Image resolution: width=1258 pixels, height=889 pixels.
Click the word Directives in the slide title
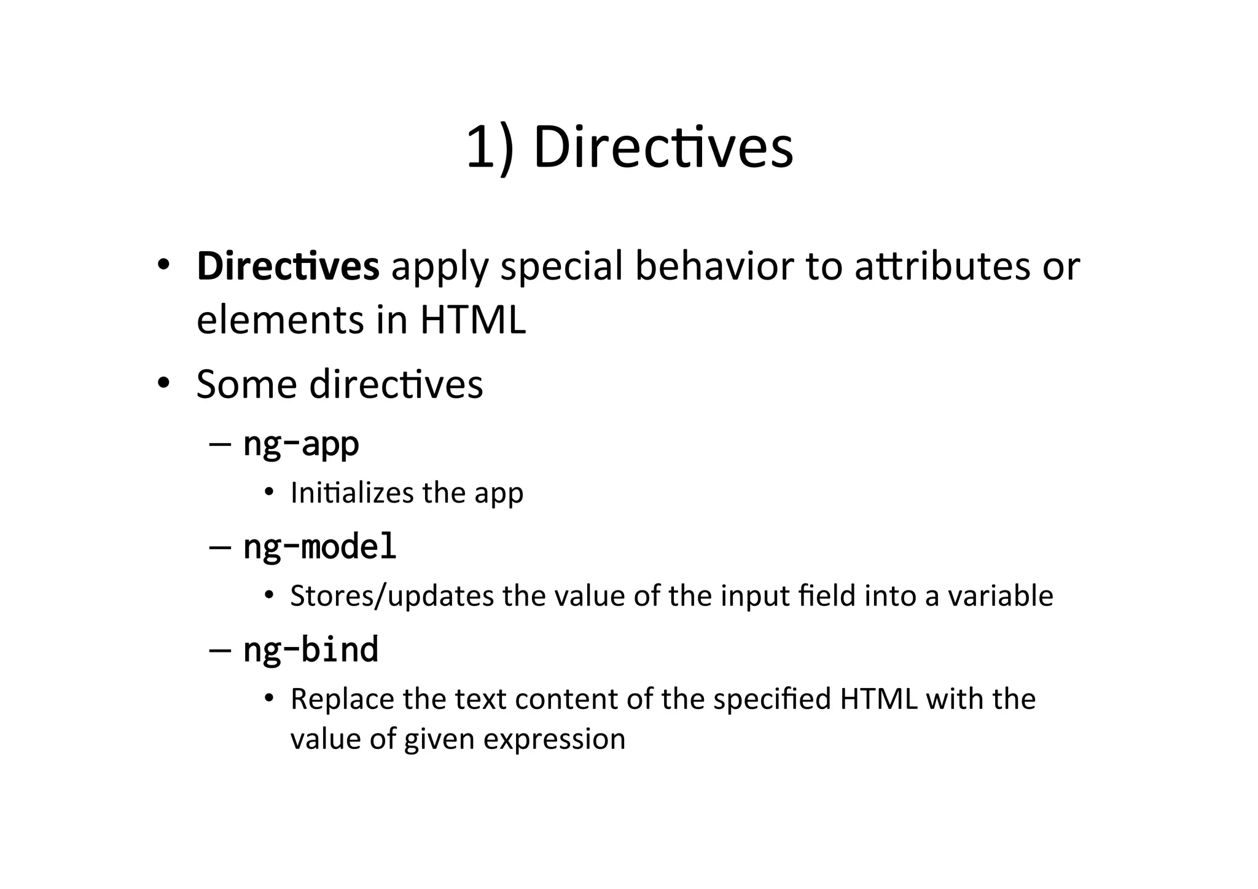click(x=663, y=147)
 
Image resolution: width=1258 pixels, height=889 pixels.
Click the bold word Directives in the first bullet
click(x=287, y=267)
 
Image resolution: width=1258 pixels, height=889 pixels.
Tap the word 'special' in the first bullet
click(x=561, y=267)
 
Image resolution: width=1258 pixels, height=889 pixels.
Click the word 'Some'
click(x=246, y=385)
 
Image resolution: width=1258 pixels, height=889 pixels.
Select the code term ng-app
click(x=301, y=444)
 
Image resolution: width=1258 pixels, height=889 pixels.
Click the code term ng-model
click(x=319, y=546)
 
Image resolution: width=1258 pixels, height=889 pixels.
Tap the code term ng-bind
click(x=311, y=649)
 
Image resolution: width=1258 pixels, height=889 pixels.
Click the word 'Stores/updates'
click(x=392, y=596)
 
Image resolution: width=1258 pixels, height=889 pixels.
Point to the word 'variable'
click(x=1001, y=596)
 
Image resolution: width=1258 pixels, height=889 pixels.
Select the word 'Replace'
click(x=342, y=699)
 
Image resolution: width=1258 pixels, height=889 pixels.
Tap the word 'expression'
click(x=554, y=739)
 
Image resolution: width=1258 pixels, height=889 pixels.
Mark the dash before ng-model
click(x=220, y=547)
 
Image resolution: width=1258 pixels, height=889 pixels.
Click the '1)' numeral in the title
click(x=489, y=147)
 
